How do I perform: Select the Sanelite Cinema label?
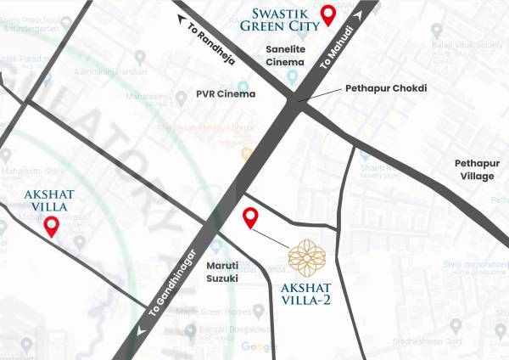pyautogui.click(x=285, y=57)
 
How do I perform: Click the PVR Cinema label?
pyautogui.click(x=226, y=93)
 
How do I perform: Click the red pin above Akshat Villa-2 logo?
pyautogui.click(x=249, y=217)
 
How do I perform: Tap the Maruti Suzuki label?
pyautogui.click(x=222, y=272)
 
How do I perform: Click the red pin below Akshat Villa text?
pyautogui.click(x=51, y=226)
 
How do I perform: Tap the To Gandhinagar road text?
pyautogui.click(x=173, y=287)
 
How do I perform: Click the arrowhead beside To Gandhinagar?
pyautogui.click(x=138, y=331)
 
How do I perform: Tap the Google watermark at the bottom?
pyautogui.click(x=259, y=346)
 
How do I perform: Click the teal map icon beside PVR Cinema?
pyautogui.click(x=243, y=87)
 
